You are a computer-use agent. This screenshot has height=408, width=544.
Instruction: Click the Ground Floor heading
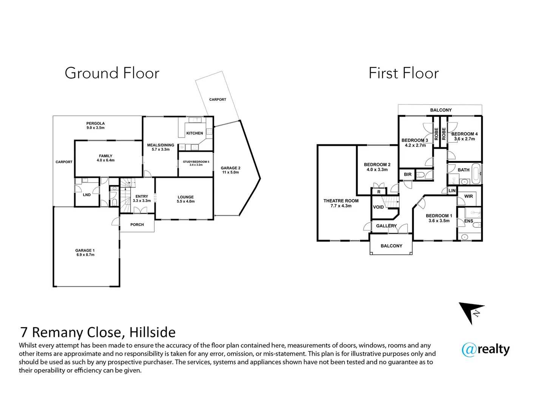coord(112,73)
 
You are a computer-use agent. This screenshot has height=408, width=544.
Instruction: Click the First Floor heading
coord(403,73)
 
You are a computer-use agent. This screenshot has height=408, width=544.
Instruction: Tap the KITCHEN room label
coord(195,133)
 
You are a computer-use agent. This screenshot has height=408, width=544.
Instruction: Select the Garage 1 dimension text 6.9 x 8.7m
coord(85,255)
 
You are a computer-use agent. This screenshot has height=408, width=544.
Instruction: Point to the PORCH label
coord(137,225)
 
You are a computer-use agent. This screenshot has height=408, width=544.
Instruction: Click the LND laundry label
coord(87,195)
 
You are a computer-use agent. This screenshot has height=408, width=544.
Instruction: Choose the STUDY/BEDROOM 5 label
coord(196,162)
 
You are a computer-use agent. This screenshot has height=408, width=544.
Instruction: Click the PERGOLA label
coord(96,124)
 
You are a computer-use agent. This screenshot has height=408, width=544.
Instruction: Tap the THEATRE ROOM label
coord(341,201)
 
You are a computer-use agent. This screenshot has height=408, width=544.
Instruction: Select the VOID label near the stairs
coord(378,207)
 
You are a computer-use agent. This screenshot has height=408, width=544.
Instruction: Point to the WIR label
coord(468,196)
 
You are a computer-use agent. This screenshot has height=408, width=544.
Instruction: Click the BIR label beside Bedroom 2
coord(408,175)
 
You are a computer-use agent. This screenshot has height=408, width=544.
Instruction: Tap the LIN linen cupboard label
coord(452,191)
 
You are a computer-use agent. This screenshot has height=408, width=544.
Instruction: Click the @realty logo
coord(485,349)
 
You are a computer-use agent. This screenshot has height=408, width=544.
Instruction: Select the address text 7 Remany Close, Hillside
coord(98,332)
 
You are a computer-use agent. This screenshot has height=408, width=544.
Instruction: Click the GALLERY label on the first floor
coord(386,226)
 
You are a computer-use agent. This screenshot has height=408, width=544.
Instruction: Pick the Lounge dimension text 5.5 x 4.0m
coord(185,202)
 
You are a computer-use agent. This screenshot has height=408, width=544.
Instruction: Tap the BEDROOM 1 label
coord(439,216)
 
